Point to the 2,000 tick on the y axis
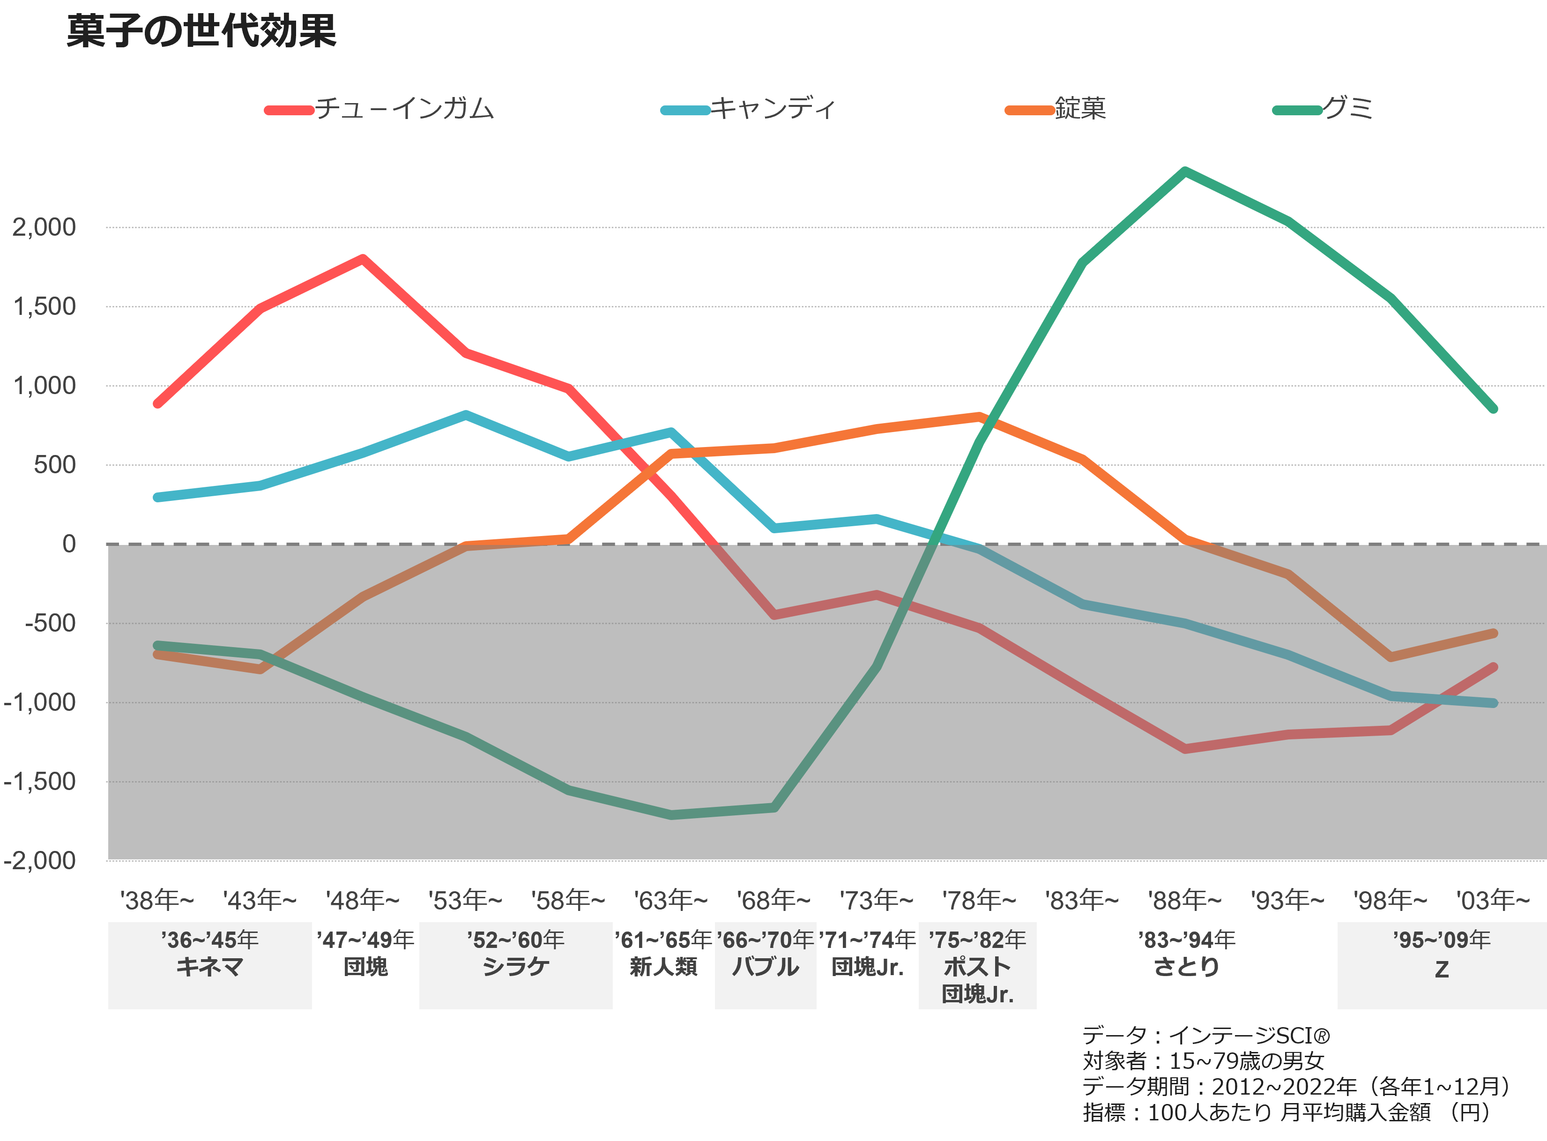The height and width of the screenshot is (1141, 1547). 44,227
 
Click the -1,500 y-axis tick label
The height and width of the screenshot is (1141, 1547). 40,782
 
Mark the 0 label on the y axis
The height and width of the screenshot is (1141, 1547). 69,544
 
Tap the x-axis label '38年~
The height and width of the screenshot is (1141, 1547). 157,901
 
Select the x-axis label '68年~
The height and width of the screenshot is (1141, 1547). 773,901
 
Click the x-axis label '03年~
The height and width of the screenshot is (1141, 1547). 1493,901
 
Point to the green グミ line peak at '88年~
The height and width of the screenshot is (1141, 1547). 1184,172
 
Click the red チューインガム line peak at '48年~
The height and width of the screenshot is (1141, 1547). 363,259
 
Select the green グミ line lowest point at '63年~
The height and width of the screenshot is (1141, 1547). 671,815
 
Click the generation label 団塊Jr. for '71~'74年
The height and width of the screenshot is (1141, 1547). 867,967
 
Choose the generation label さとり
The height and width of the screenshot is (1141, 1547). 1187,967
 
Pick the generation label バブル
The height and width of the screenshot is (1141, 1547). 765,967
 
